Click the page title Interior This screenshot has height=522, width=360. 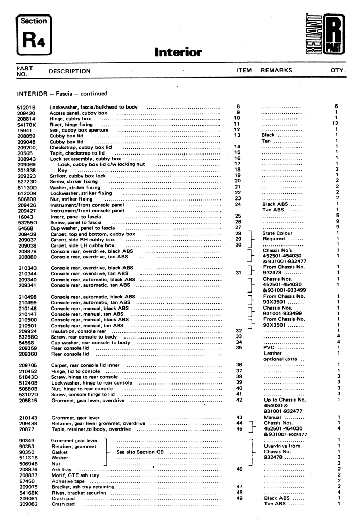(x=178, y=52)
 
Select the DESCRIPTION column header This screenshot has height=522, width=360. (x=70, y=71)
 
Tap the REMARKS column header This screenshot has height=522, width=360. (x=276, y=70)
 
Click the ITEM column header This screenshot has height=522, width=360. (x=244, y=70)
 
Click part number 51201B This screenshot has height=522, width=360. (x=26, y=107)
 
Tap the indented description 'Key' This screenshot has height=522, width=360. (x=62, y=170)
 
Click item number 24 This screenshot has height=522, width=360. (x=238, y=204)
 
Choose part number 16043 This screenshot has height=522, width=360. (x=23, y=216)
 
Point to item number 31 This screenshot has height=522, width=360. (x=238, y=273)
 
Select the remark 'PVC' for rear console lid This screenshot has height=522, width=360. (x=269, y=348)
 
